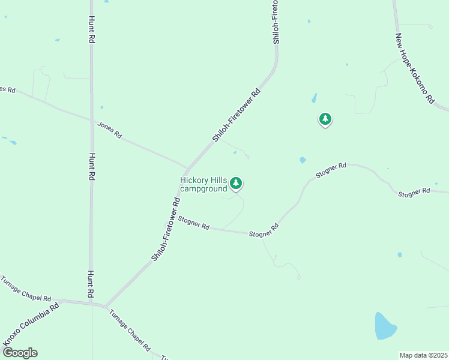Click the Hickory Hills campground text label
[x=203, y=184]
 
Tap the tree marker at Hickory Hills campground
[x=237, y=183]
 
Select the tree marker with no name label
[x=325, y=119]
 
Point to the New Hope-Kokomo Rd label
[x=414, y=68]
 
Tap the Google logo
[x=19, y=353]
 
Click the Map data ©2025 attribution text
[x=423, y=355]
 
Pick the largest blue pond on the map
[x=385, y=326]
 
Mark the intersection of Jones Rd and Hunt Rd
[x=91, y=119]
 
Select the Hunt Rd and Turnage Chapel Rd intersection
[x=91, y=303]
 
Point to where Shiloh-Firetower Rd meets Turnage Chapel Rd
[x=106, y=307]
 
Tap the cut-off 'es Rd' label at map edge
[x=7, y=89]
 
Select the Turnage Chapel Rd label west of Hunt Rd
[x=26, y=289]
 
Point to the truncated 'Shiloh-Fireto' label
[x=276, y=22]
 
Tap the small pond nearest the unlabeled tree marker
[x=314, y=98]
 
